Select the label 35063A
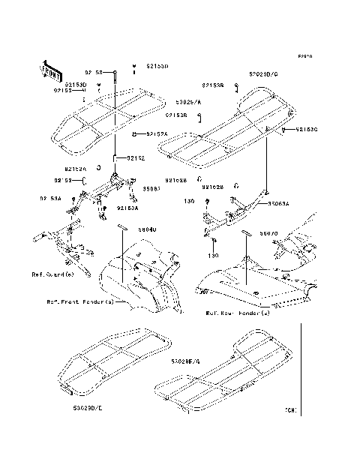click(x=274, y=202)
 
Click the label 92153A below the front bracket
click(x=126, y=208)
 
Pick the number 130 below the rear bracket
click(x=214, y=256)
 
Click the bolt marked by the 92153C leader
click(x=285, y=130)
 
